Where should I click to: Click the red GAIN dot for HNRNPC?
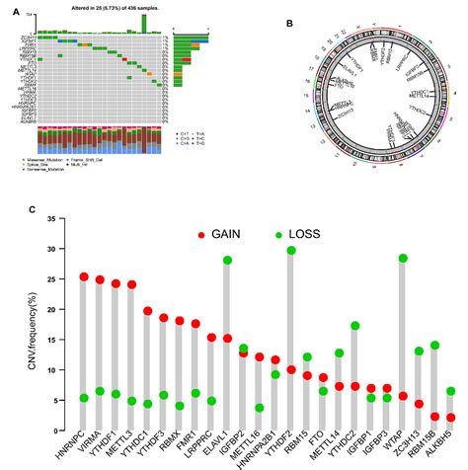[84, 277]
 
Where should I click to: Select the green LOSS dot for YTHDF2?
[291, 251]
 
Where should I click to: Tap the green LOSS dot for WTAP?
[403, 259]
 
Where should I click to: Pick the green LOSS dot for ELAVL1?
[227, 260]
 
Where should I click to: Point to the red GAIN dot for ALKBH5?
[451, 418]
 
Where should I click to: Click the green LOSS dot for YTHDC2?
[355, 326]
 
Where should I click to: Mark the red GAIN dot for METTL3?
[131, 285]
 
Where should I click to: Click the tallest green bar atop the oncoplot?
[144, 23]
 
